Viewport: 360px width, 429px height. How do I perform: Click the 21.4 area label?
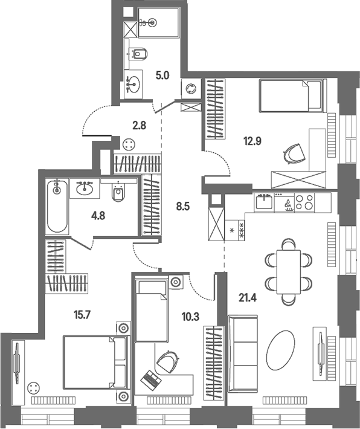[247, 298]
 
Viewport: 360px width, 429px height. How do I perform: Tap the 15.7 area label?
[82, 315]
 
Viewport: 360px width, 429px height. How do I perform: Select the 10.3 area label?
[191, 317]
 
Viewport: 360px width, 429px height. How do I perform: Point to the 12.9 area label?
[252, 141]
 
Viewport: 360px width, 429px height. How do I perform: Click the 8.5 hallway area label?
[183, 207]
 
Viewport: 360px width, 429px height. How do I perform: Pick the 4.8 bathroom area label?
[98, 216]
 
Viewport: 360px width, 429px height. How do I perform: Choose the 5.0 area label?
[162, 76]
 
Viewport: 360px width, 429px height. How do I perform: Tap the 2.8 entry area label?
[140, 126]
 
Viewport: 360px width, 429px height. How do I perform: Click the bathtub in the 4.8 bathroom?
[57, 206]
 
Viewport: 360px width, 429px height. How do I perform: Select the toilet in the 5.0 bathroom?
[140, 53]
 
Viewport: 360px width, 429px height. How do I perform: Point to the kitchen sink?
[264, 202]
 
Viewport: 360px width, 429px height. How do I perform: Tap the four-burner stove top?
[304, 202]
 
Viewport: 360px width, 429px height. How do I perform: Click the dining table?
[289, 272]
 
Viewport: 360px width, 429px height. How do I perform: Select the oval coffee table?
[281, 350]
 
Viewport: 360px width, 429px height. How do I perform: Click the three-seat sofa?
[243, 353]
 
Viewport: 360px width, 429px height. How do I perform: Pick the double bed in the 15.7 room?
[96, 362]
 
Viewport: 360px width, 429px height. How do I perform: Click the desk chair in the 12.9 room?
[294, 153]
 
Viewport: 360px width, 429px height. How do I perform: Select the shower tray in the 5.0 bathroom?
[159, 22]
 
